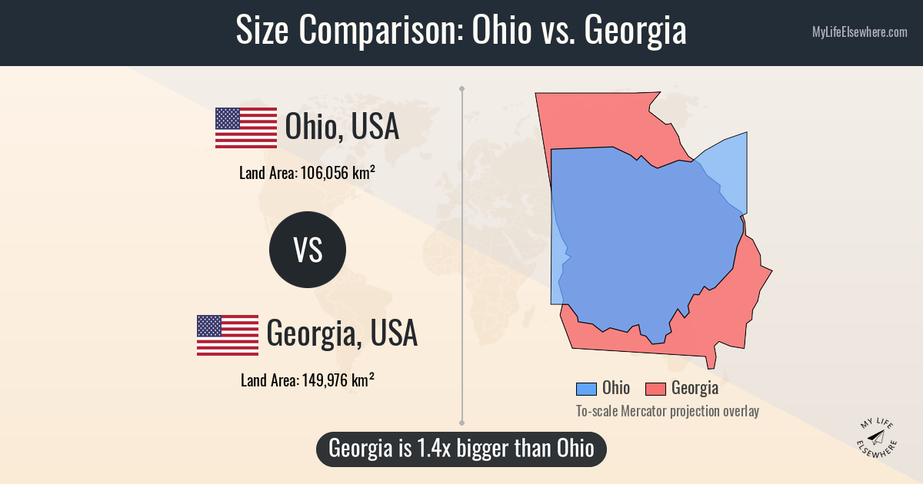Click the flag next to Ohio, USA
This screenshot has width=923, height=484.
[246, 128]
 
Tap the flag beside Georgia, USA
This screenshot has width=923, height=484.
[228, 335]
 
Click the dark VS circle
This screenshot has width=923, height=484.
[308, 250]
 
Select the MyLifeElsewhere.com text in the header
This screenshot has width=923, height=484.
[859, 32]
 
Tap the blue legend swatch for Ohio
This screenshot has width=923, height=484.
[586, 389]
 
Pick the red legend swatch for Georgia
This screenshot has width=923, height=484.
[655, 389]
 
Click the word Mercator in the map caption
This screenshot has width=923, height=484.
[649, 411]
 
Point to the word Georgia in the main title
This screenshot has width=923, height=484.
[635, 31]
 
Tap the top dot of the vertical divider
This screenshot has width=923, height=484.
[462, 89]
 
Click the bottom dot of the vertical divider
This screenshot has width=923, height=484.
[462, 422]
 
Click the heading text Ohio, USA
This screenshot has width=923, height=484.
[342, 127]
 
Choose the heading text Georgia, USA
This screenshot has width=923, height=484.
[342, 334]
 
